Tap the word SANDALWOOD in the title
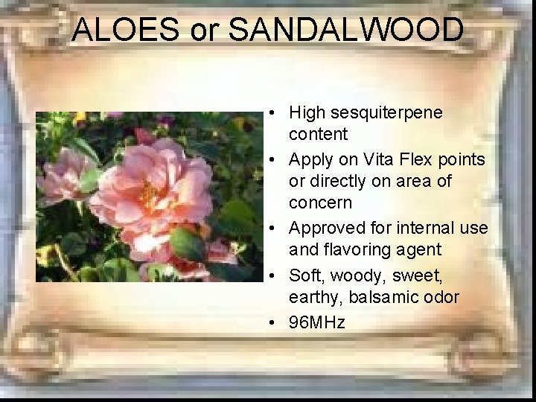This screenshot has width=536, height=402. click(346, 30)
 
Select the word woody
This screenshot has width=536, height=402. click(354, 275)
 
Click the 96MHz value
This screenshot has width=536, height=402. click(317, 322)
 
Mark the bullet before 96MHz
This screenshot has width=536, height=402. click(274, 323)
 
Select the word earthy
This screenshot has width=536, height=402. click(313, 297)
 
